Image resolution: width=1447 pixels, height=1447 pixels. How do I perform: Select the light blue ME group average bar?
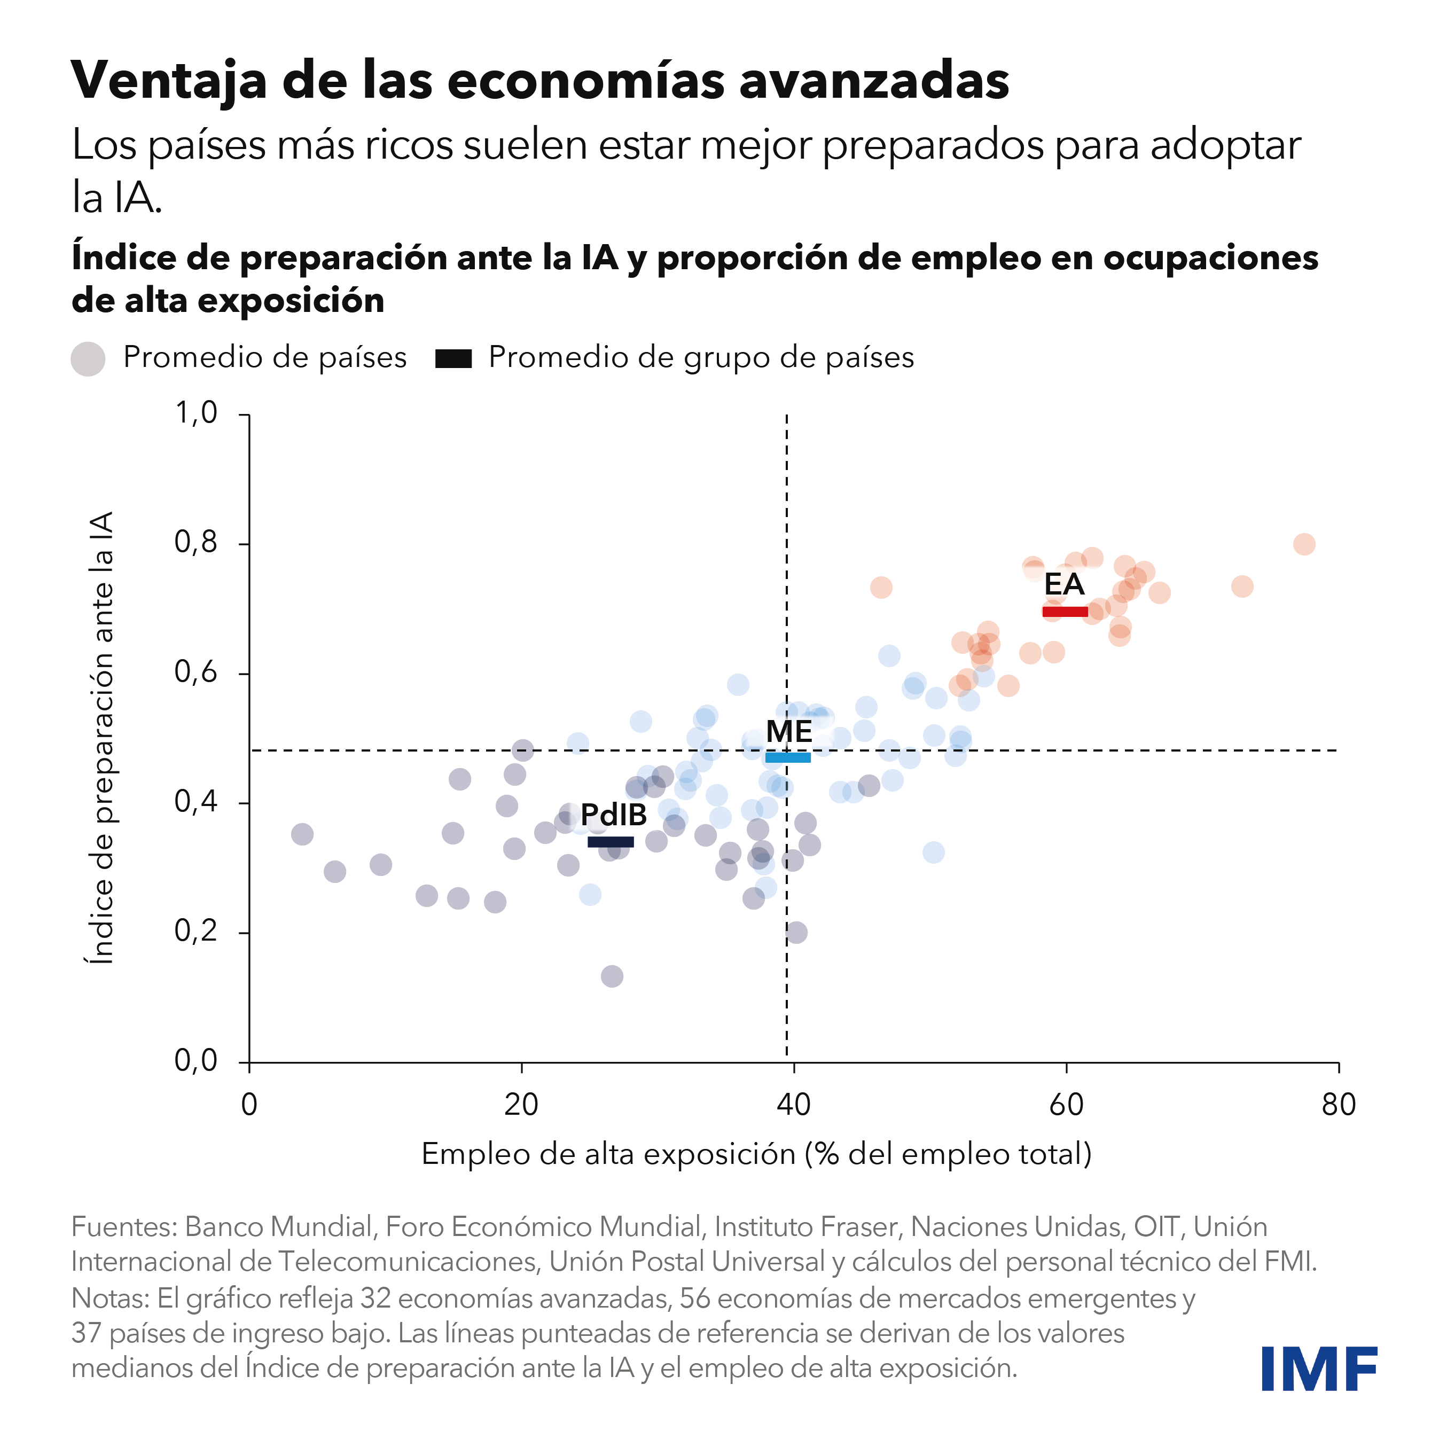[787, 757]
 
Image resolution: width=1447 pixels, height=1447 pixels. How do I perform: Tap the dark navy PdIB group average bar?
[611, 842]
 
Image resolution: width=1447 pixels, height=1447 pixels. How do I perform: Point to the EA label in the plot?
[1063, 584]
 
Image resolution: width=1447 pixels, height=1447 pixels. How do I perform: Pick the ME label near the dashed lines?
[788, 732]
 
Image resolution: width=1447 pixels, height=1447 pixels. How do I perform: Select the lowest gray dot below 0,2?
[612, 976]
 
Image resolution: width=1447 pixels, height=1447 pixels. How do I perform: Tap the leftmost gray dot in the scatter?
[302, 834]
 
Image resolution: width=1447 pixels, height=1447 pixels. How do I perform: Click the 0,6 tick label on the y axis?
[195, 672]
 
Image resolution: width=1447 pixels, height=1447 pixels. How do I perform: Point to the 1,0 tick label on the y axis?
[195, 413]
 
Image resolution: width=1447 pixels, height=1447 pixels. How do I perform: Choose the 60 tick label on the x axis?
[1066, 1105]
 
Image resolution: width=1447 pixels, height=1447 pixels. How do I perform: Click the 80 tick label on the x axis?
[1339, 1105]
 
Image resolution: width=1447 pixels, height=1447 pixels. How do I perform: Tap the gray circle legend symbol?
[88, 359]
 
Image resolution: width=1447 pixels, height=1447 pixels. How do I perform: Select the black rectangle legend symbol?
[453, 359]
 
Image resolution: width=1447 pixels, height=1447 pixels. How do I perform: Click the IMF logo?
[1318, 1368]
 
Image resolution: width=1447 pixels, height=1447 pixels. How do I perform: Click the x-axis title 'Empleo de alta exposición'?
[756, 1154]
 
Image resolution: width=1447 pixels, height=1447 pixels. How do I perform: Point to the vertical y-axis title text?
[101, 737]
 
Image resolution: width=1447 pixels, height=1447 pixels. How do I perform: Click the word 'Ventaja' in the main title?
[168, 80]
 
